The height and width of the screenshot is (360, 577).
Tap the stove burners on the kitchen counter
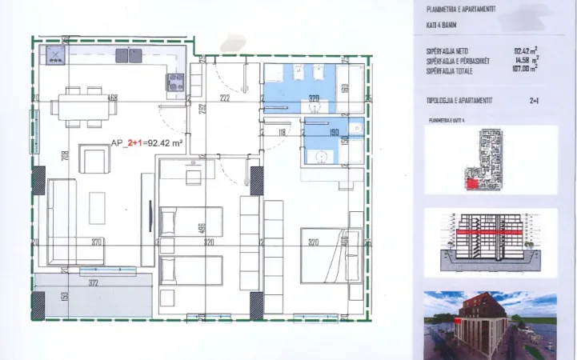coord(174,79)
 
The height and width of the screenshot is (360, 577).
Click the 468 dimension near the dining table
coord(113,98)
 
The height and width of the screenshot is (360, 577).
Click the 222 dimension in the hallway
coord(225,98)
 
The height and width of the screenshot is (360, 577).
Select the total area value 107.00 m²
coord(525,70)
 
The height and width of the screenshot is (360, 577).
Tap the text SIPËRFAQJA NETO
coord(447,52)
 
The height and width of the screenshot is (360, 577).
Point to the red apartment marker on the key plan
coord(474,183)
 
